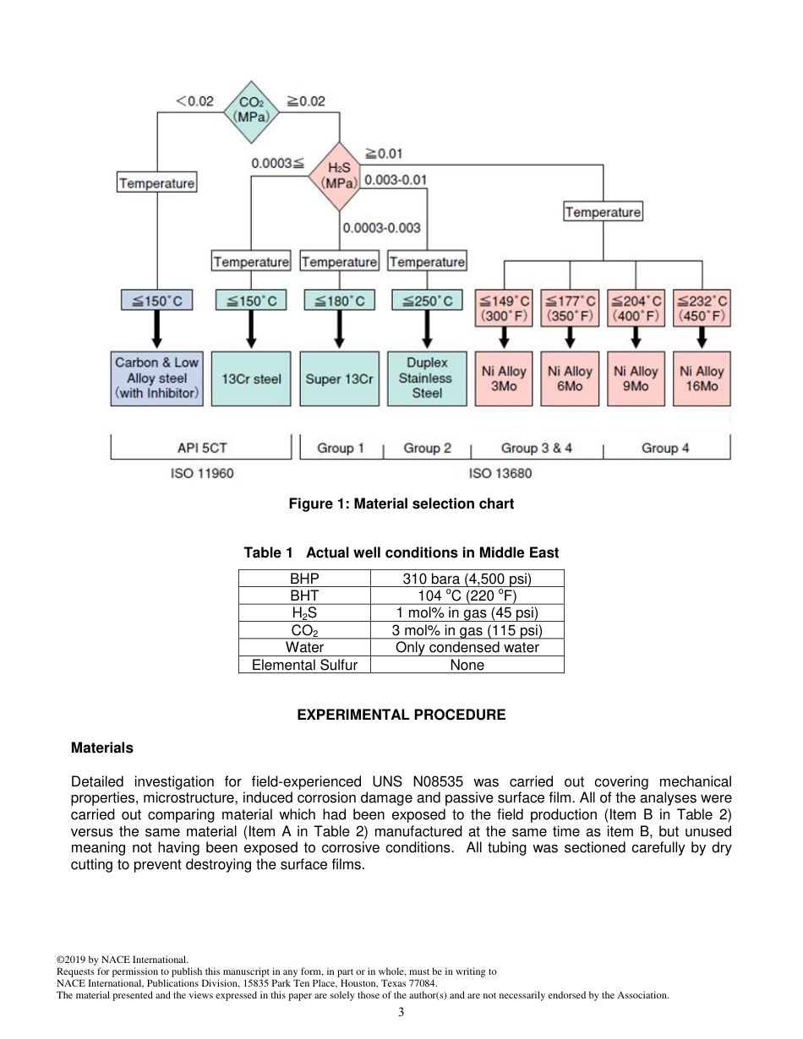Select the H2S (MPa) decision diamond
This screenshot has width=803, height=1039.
coord(338,176)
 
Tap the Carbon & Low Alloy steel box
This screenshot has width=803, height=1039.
coord(157,378)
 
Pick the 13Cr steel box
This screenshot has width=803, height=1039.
coord(251,378)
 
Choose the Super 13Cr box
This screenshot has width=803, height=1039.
coord(339,378)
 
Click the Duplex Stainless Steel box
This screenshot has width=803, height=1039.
coord(427,378)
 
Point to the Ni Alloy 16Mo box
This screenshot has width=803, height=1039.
coord(702,378)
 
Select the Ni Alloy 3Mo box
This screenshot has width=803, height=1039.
coord(504,378)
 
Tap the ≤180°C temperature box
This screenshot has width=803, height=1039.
coord(339,301)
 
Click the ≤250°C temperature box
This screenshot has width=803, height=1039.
coord(427,301)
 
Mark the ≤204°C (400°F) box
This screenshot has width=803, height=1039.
coord(636,308)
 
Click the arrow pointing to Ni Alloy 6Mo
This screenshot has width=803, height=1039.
coord(570,338)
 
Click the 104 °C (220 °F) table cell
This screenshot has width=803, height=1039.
coord(467,596)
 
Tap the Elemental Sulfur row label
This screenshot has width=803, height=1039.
coord(304,665)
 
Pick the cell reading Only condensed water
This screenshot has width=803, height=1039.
coord(467,647)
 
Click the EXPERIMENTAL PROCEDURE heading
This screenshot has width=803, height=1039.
coord(401,715)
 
